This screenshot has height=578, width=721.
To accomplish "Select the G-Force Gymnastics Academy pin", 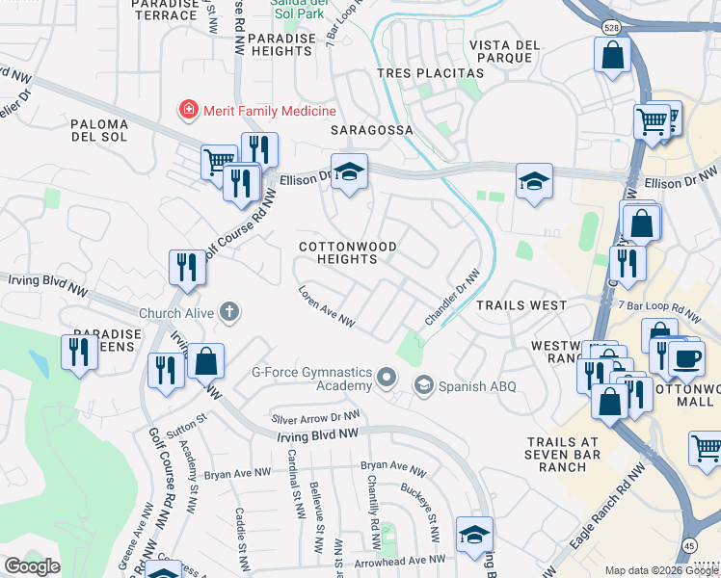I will pos(387,377).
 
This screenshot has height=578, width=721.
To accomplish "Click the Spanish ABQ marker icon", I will pos(422,385).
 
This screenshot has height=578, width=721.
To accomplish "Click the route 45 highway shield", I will pos(689,544).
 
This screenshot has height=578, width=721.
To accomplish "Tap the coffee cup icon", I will pos(686,358).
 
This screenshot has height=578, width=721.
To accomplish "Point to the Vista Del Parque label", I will pos(501,51).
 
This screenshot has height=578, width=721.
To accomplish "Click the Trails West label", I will pos(521,305).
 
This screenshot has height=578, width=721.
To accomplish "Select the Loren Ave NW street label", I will pos(327,307).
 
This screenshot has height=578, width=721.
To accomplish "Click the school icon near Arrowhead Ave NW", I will pos(474,535).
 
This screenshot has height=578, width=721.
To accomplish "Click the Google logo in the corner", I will pos(33,566).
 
